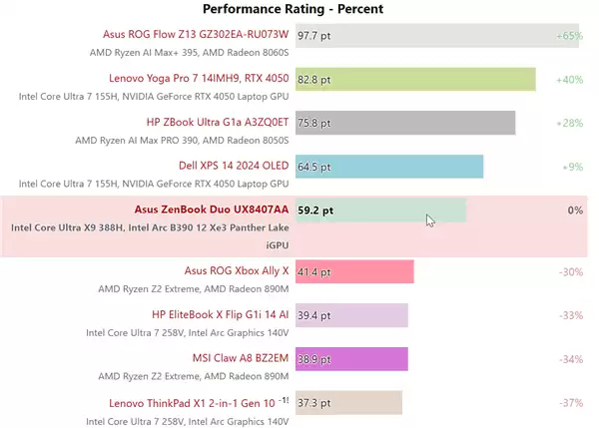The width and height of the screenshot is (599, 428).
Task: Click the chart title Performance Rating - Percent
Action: click(293, 9)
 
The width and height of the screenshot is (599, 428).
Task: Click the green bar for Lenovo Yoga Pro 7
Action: click(415, 78)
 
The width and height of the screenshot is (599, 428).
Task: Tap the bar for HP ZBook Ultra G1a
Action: click(405, 123)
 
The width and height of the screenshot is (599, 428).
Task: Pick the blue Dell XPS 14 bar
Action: click(389, 167)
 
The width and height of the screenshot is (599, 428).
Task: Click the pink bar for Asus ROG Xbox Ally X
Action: click(354, 271)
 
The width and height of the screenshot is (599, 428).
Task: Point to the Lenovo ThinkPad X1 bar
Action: click(348, 402)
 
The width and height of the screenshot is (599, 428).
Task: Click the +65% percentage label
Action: click(569, 36)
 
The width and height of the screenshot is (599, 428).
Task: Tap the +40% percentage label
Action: click(569, 80)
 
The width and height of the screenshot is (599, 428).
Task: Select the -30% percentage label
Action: click(570, 271)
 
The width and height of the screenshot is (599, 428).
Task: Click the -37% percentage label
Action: click(570, 402)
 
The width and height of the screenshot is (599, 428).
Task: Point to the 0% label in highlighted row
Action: click(574, 211)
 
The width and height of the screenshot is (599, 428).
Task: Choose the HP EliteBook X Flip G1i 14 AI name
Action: click(220, 314)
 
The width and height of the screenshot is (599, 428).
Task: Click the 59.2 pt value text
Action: click(315, 211)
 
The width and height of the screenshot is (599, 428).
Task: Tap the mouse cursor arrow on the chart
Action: click(430, 220)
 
